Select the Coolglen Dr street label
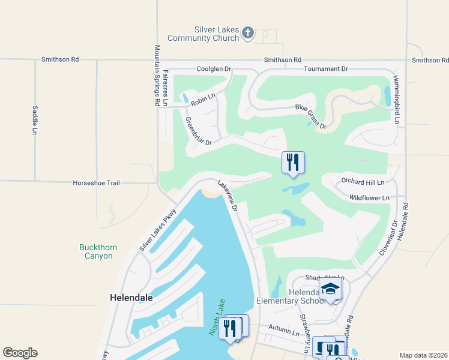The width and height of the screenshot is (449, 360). (214, 69)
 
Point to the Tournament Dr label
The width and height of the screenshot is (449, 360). (325, 69)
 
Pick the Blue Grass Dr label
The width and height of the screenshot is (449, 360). (310, 116)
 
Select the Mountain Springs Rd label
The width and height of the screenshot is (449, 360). (157, 75)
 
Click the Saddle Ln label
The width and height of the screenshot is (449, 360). (35, 120)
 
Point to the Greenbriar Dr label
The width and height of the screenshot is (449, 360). (199, 131)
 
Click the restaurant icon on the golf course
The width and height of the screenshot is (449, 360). (293, 163)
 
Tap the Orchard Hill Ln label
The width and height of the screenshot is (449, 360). (362, 181)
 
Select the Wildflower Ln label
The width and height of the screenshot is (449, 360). (369, 197)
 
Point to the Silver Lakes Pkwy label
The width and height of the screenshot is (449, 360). (158, 230)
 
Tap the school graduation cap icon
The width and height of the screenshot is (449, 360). (330, 289)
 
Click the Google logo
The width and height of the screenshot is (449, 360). (20, 353)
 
